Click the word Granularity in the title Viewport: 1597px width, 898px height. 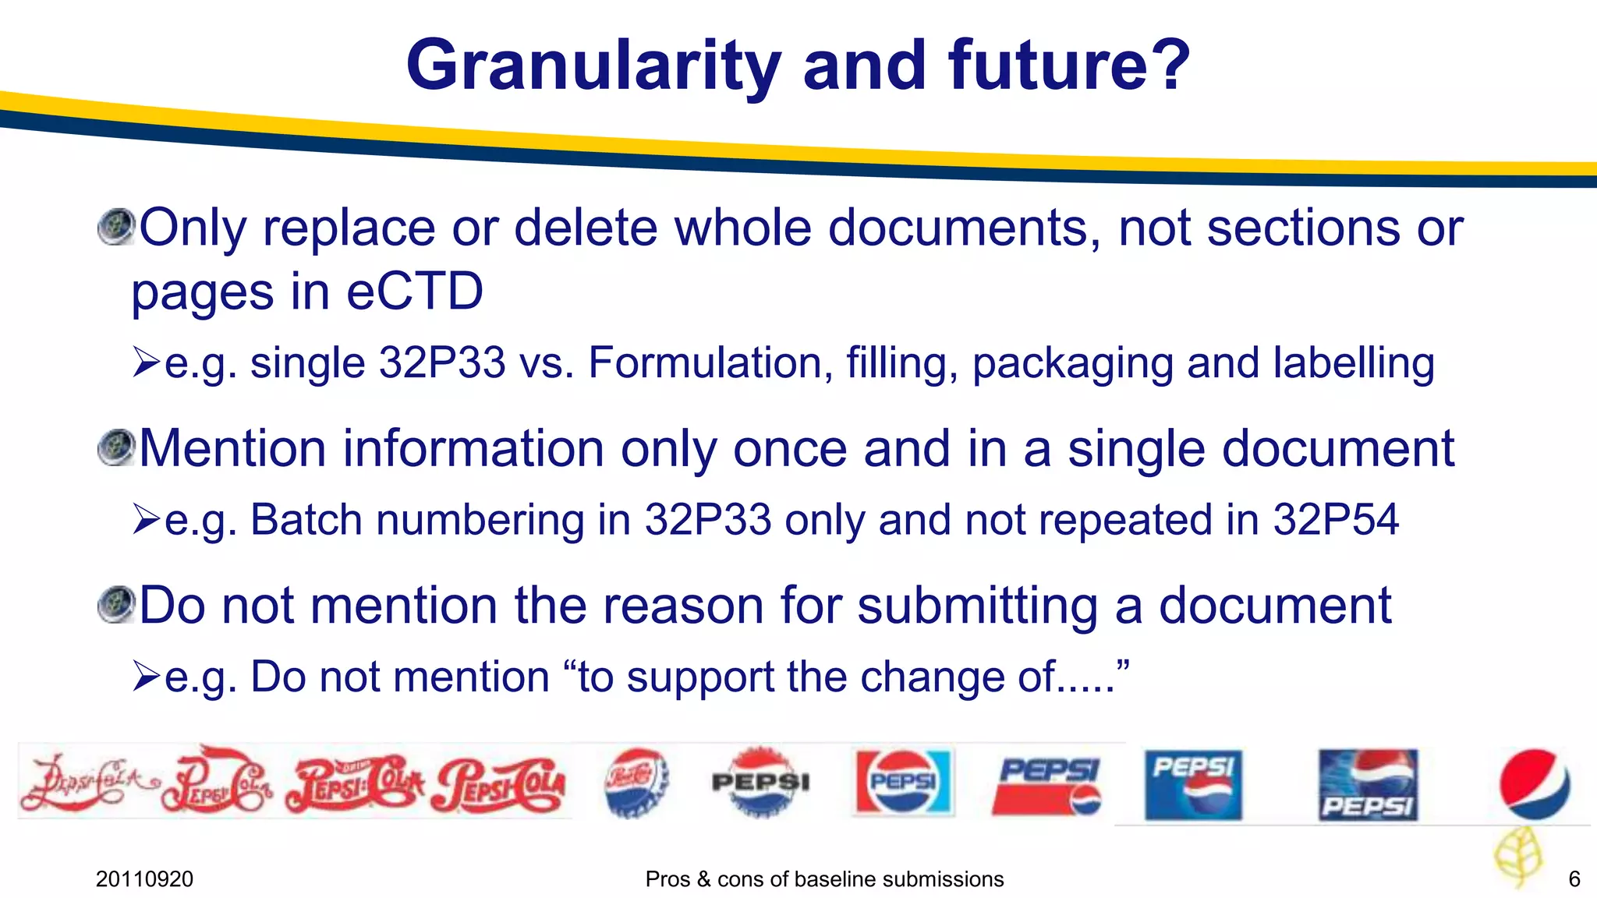(x=593, y=66)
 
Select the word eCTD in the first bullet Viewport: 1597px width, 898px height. (x=414, y=292)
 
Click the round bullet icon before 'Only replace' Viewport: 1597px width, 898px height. (x=117, y=227)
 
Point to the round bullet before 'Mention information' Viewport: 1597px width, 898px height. (x=117, y=448)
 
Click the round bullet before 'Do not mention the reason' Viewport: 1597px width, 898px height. (x=117, y=605)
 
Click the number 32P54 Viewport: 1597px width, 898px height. (x=1336, y=520)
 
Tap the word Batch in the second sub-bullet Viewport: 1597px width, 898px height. (x=306, y=520)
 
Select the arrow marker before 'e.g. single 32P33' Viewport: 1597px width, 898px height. (x=146, y=362)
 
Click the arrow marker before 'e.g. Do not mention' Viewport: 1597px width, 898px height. (x=146, y=676)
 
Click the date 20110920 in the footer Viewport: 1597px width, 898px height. (x=144, y=879)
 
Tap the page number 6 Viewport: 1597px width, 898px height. (x=1574, y=879)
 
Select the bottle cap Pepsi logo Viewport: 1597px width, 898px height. (x=636, y=782)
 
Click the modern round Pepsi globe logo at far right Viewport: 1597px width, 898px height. (x=1534, y=783)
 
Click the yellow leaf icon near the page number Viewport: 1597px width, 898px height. (x=1517, y=855)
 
